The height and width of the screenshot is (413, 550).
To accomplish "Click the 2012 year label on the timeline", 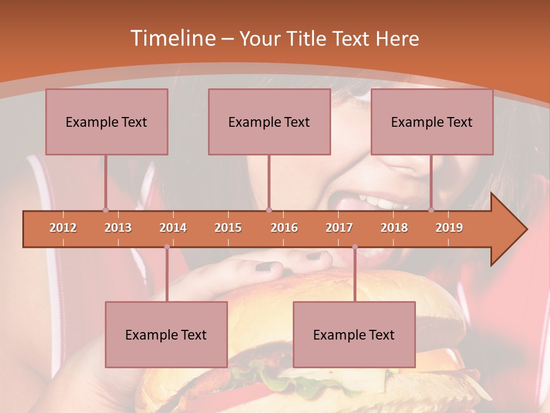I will (x=63, y=228).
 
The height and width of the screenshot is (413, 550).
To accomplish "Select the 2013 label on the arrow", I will (x=118, y=228).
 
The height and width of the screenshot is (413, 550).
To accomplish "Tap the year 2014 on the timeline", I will (x=173, y=228).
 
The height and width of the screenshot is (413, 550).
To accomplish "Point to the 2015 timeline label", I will (x=228, y=228).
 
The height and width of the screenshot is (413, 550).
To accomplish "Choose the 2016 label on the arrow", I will (x=284, y=228).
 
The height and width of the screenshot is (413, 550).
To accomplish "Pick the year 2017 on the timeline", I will (x=339, y=228).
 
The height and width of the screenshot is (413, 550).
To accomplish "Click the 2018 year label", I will (x=394, y=228).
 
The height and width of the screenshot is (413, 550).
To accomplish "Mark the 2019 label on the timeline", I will (x=449, y=228).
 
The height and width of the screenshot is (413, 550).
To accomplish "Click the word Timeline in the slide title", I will (x=172, y=38).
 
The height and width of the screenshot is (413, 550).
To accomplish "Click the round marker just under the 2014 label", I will (x=167, y=247).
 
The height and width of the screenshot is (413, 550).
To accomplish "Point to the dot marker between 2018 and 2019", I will (x=431, y=210).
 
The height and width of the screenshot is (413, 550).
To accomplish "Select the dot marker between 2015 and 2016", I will (x=269, y=210).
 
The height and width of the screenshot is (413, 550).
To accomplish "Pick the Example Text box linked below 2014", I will (x=166, y=334).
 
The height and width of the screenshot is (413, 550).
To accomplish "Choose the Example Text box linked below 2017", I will (x=354, y=334).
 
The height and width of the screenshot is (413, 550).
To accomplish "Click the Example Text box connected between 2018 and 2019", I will (x=432, y=122).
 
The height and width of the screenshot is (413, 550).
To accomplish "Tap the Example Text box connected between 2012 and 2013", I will (x=107, y=122).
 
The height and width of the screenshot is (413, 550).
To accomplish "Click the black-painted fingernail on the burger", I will (x=264, y=266).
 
